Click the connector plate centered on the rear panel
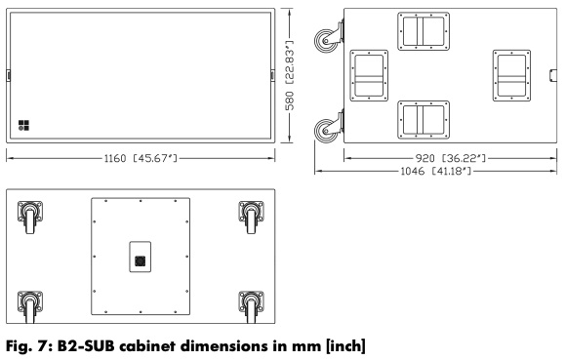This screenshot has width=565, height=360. pos(141,257)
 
